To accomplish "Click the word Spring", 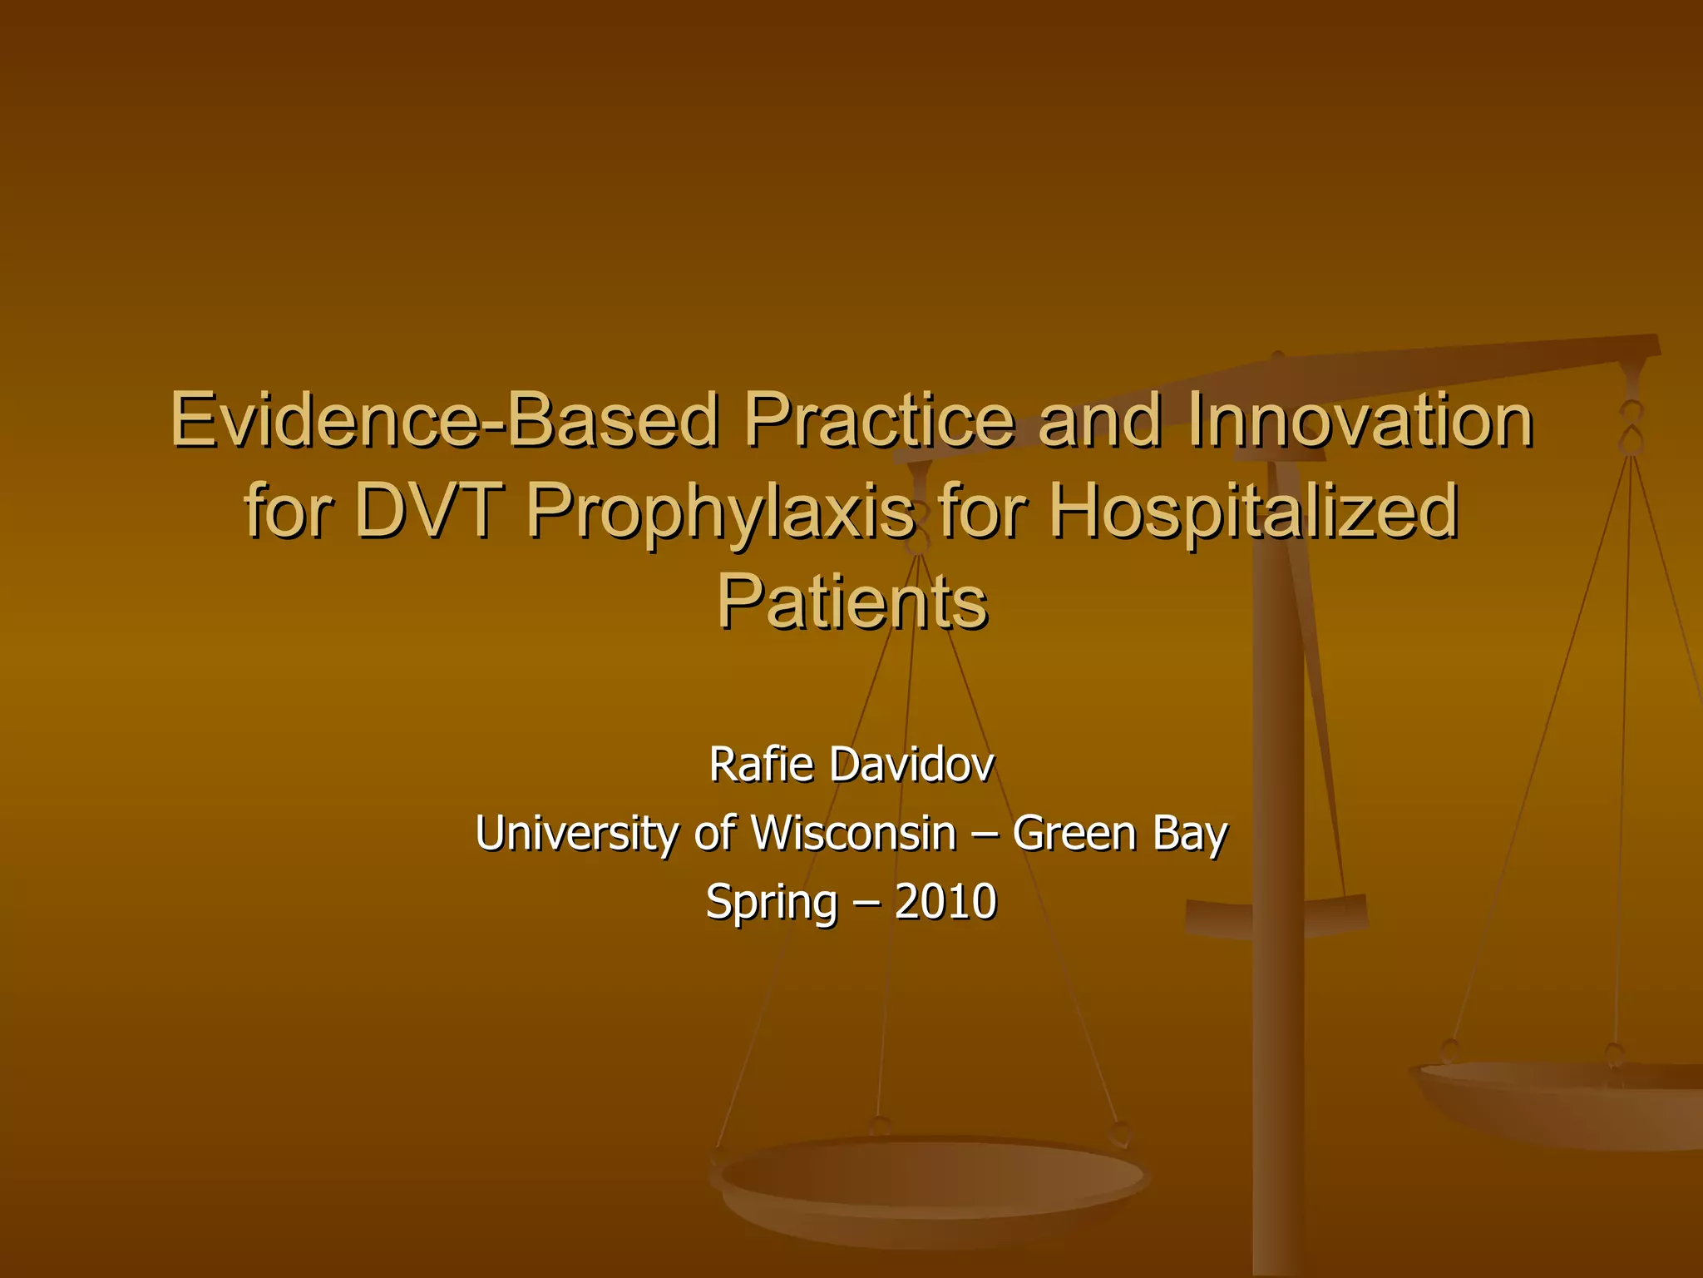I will [x=771, y=904].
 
